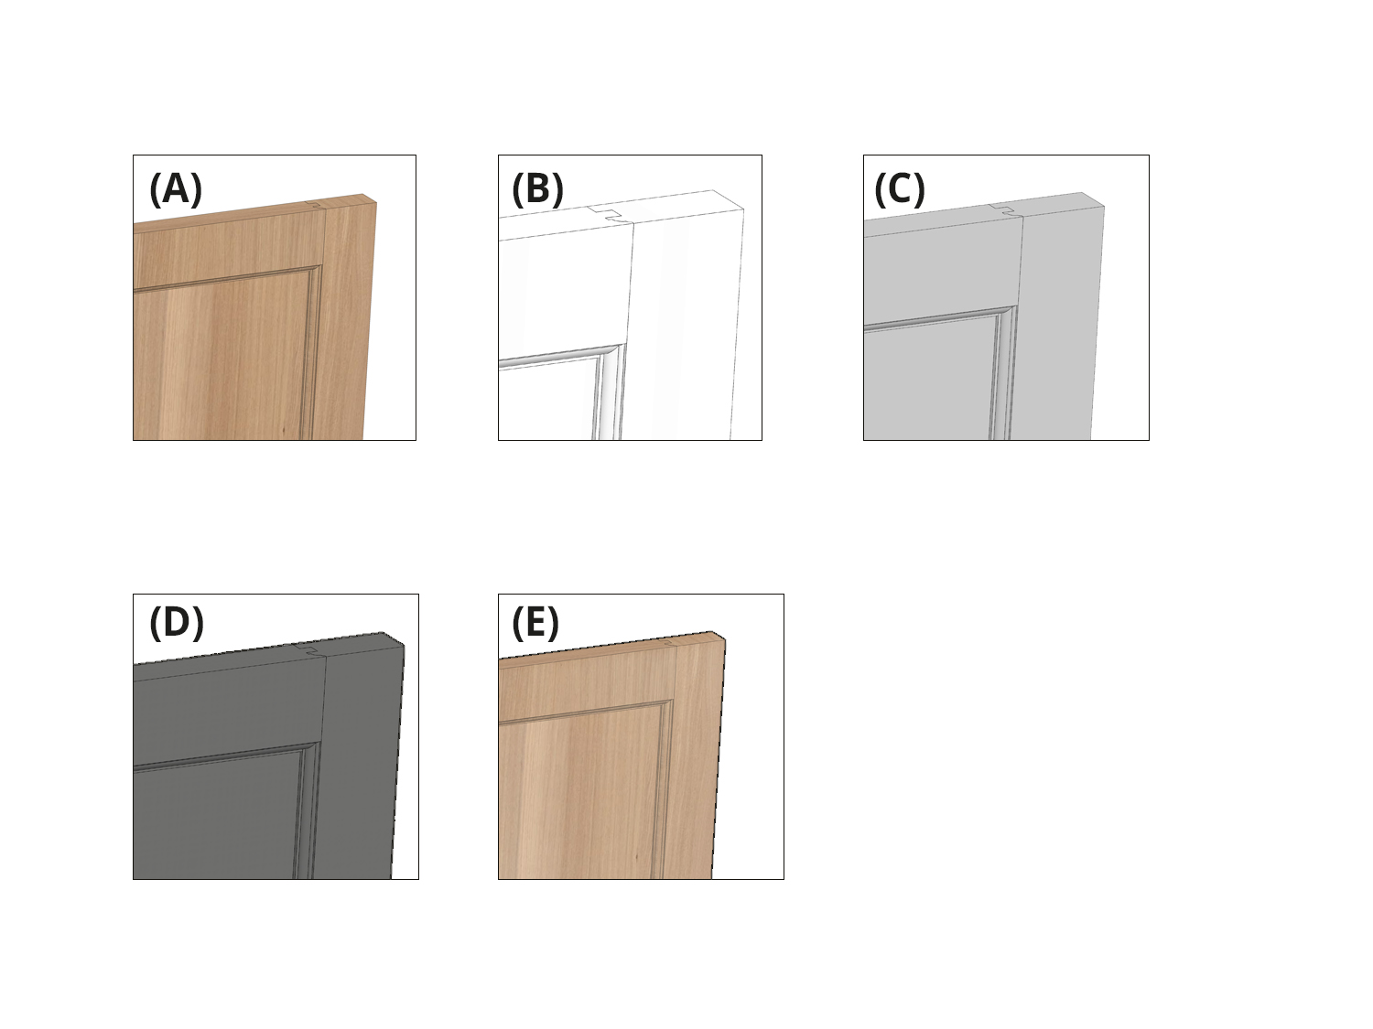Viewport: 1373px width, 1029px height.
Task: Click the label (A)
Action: pos(175,189)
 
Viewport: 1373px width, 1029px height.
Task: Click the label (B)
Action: pos(537,189)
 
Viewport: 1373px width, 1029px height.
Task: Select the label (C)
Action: pos(900,189)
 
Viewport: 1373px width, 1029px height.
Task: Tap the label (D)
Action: pos(176,623)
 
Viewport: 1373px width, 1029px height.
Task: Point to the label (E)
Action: pos(535,623)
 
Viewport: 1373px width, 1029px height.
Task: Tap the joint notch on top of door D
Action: pos(310,649)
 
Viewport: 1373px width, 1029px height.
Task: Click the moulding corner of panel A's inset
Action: pos(317,271)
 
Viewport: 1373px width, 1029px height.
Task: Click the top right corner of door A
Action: pos(375,203)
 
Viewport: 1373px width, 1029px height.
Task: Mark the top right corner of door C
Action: pos(1103,207)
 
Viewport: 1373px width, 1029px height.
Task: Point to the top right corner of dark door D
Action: pos(404,645)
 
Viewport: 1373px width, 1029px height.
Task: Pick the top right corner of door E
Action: pos(725,639)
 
